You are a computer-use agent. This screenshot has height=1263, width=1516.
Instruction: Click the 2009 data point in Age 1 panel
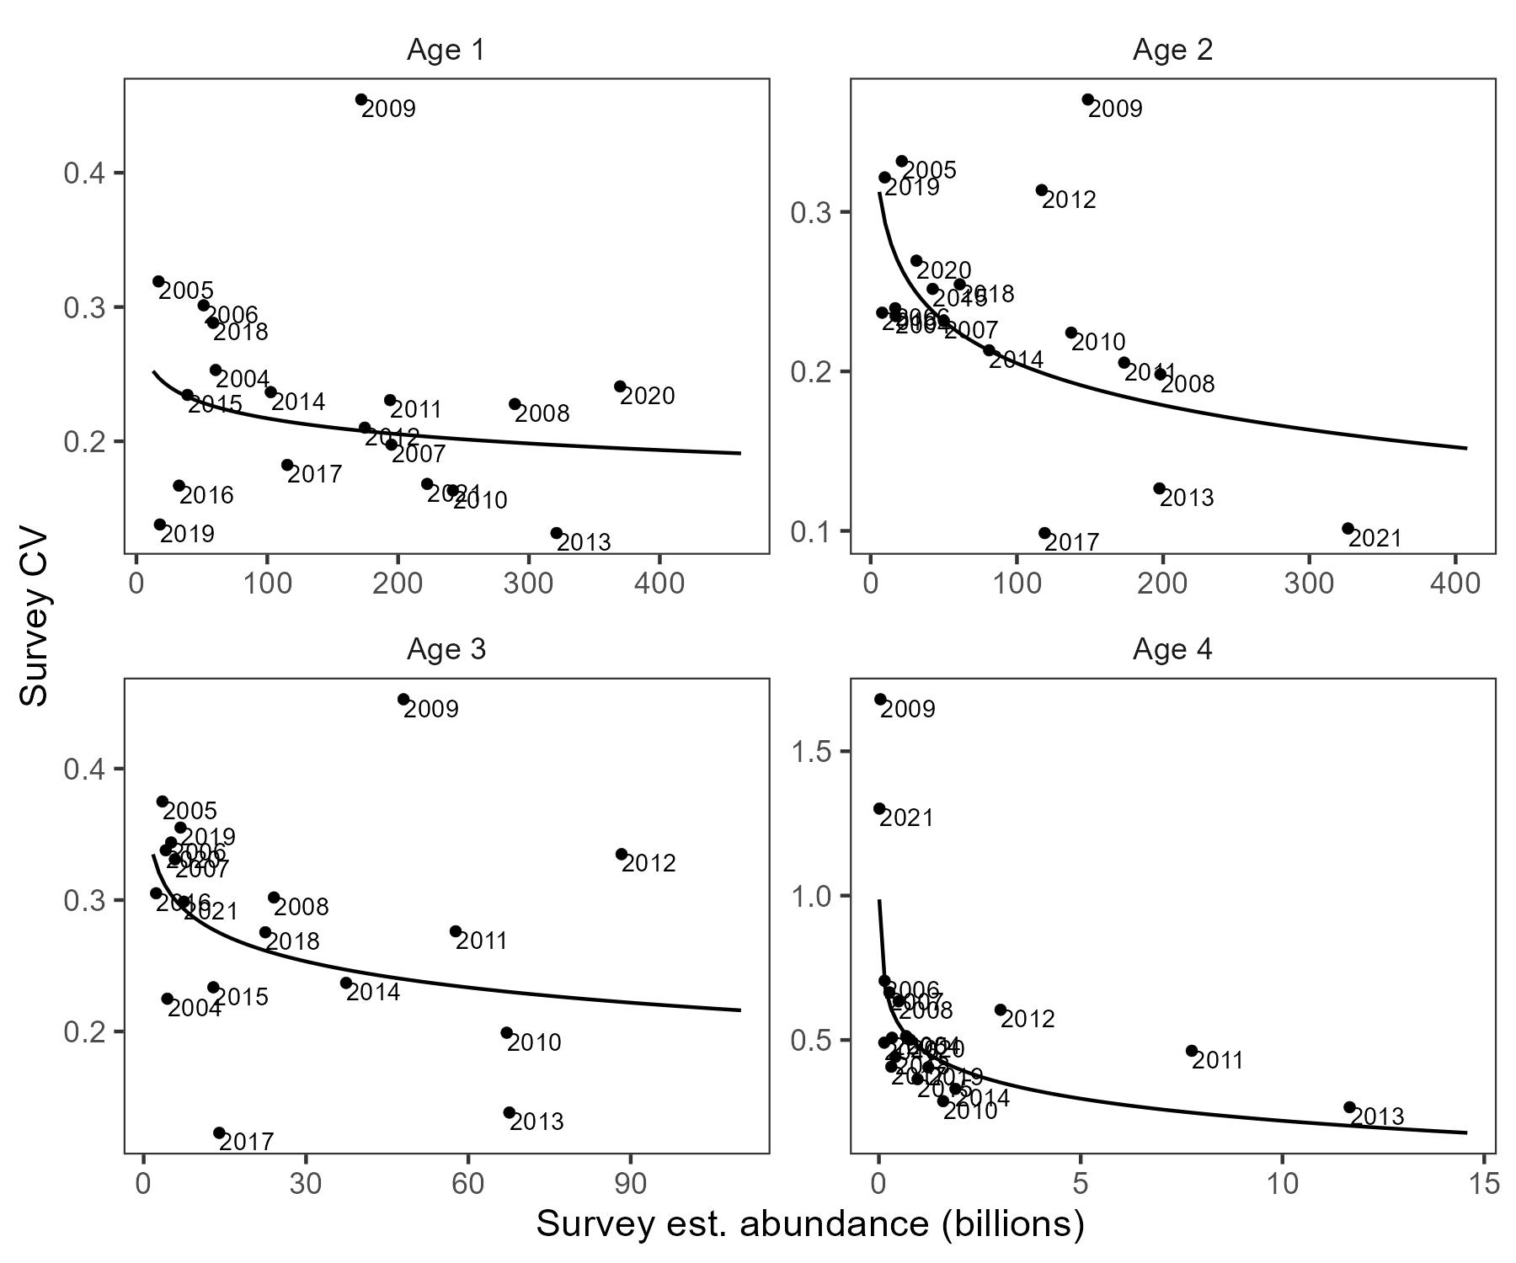tap(361, 99)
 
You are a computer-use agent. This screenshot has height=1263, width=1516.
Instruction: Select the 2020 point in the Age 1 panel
tap(620, 386)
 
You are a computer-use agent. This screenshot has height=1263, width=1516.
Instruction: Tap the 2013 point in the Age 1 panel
tap(557, 533)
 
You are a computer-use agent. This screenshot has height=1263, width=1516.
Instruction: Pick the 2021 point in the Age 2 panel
tap(1348, 529)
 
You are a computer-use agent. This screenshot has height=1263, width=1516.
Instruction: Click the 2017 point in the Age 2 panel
tap(1044, 533)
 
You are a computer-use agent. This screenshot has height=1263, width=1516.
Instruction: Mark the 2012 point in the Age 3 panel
tap(622, 854)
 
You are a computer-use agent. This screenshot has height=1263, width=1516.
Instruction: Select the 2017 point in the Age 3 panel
tap(219, 1132)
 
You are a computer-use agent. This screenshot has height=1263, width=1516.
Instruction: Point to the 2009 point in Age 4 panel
tap(880, 699)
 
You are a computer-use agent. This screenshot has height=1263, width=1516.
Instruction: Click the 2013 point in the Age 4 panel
tap(1349, 1107)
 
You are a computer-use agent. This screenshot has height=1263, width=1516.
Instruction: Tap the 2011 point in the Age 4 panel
tap(1192, 1051)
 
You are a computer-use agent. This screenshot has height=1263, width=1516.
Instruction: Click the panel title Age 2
tap(1172, 51)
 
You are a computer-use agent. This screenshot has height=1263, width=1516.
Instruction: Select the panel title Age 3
tap(446, 649)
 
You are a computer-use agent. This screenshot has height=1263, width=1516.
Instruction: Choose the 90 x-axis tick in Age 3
tap(630, 1184)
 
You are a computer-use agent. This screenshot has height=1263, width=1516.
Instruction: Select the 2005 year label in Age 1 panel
tap(186, 291)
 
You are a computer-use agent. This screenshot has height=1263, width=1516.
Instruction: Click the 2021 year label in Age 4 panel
tap(907, 818)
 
